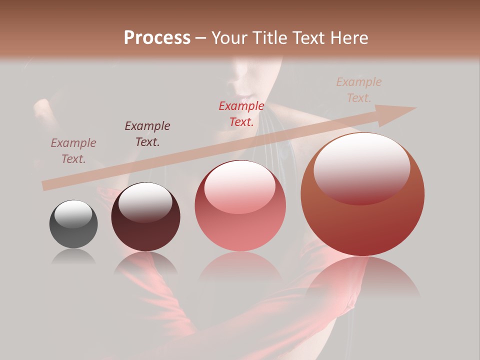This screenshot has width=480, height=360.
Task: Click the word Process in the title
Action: tap(157, 38)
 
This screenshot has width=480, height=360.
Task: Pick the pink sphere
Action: tap(240, 220)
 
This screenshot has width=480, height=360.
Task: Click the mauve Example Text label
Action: tap(73, 151)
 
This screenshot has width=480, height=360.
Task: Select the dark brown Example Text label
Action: tap(147, 134)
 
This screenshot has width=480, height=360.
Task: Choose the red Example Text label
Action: tap(241, 114)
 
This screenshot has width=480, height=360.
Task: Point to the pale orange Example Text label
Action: tap(359, 90)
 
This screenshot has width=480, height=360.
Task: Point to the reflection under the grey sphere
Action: tap(73, 257)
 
